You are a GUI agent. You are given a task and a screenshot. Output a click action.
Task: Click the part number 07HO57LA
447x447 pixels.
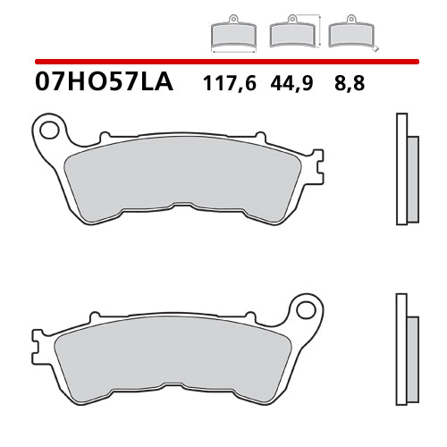click(105, 84)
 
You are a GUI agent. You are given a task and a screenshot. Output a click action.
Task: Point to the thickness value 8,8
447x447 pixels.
click(350, 85)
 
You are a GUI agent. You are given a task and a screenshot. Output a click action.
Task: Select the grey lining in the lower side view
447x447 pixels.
click(412, 351)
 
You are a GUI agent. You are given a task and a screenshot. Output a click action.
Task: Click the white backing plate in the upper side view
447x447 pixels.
click(401, 170)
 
